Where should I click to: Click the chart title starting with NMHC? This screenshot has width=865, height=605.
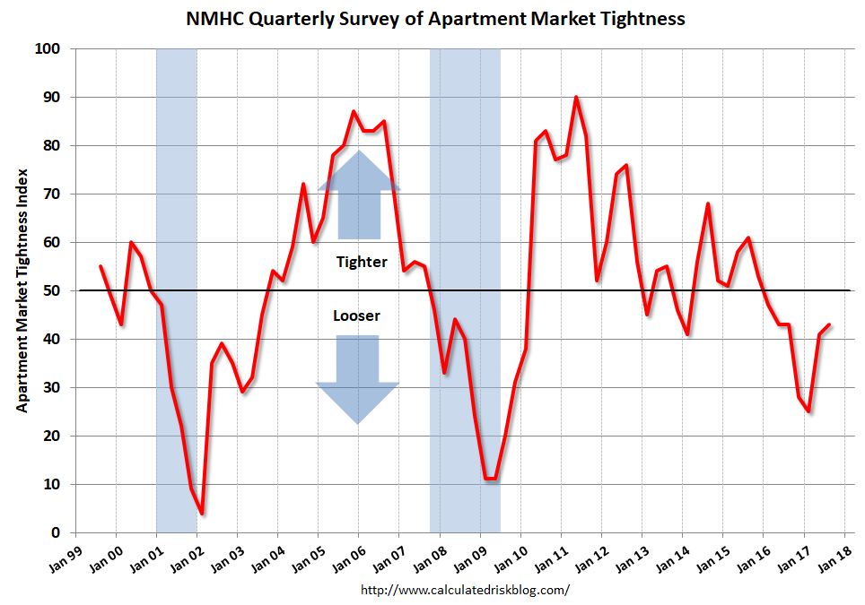(x=435, y=18)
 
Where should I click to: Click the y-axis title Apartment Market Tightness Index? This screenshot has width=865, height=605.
(x=22, y=290)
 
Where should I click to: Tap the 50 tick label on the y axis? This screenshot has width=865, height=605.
(x=53, y=290)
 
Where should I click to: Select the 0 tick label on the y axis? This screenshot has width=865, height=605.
(x=57, y=533)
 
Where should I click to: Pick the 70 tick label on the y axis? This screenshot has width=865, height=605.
(x=53, y=194)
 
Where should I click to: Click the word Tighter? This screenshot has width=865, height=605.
(x=362, y=262)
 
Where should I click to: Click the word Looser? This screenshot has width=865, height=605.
(x=356, y=315)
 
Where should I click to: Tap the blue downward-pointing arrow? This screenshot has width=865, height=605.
(x=357, y=376)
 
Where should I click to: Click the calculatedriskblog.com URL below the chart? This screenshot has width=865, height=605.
(x=465, y=590)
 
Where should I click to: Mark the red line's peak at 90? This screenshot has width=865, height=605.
(x=576, y=97)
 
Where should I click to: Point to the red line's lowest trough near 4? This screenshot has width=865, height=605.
(x=203, y=514)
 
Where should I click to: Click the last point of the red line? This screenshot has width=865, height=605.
(x=829, y=324)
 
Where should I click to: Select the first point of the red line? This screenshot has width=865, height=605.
(x=100, y=266)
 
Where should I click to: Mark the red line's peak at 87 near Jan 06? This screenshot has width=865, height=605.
(x=354, y=111)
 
